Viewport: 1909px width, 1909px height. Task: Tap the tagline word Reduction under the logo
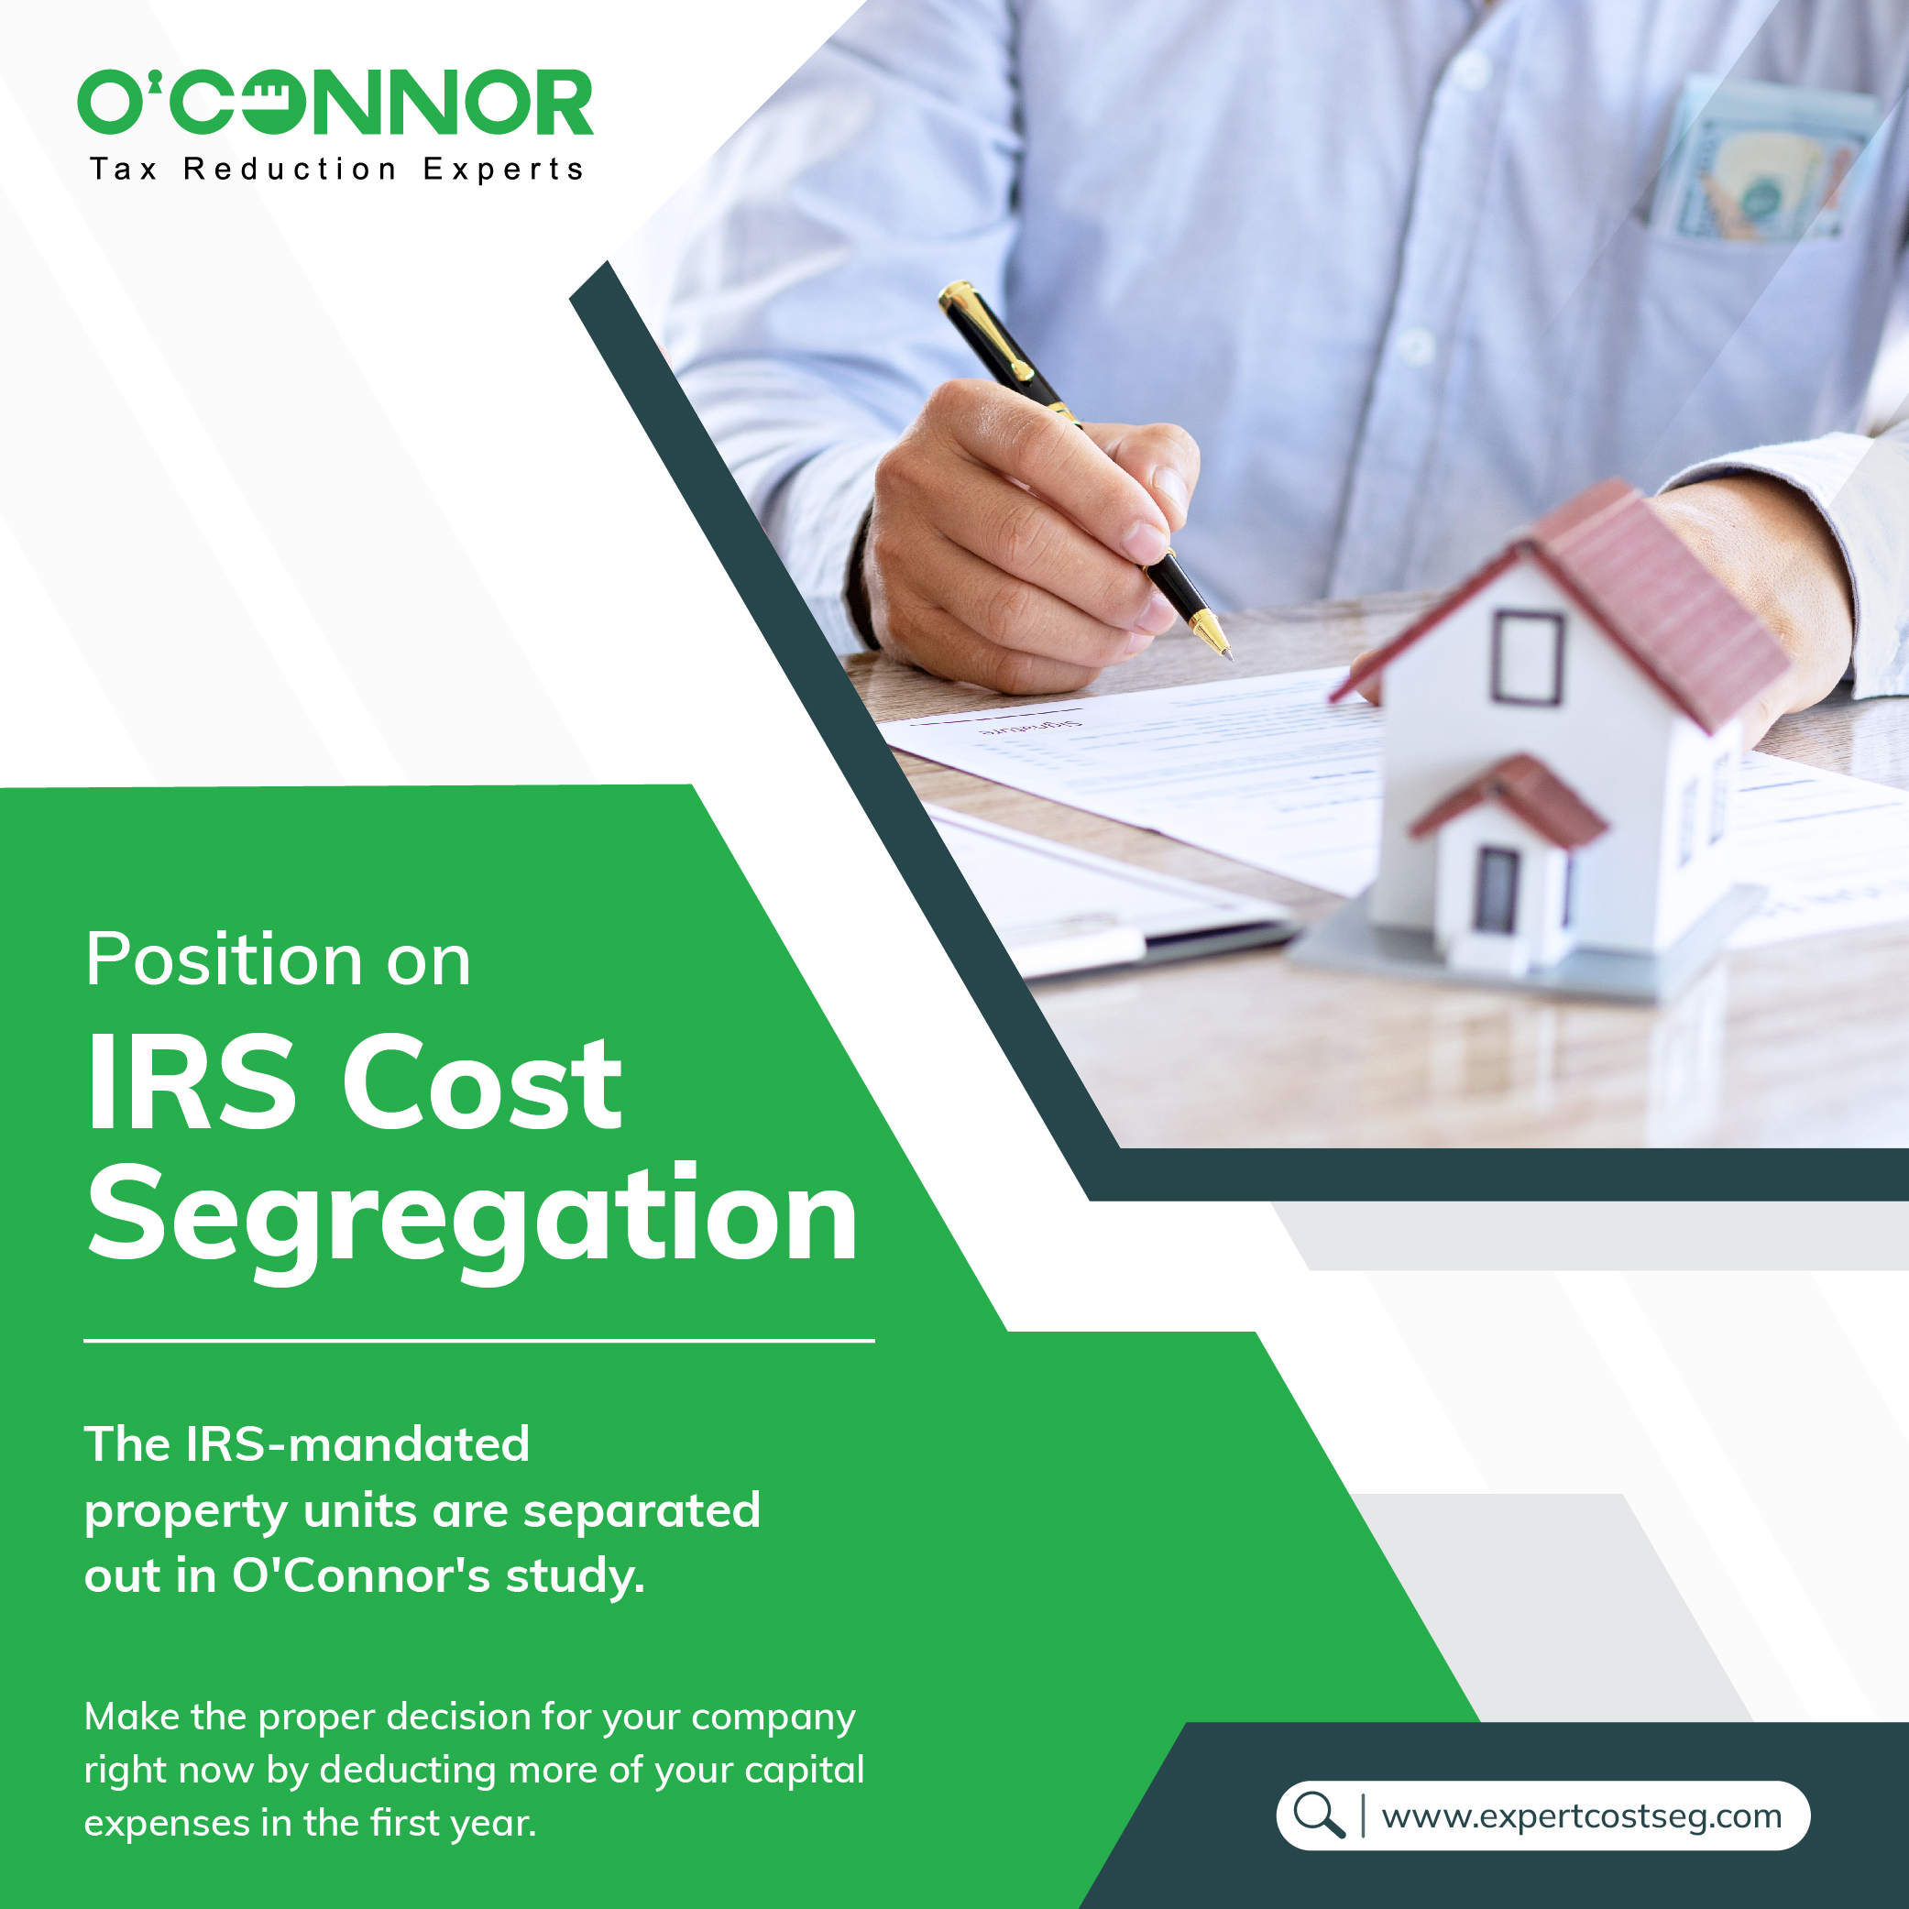pos(290,169)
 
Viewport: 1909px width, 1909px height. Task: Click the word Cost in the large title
pos(482,1082)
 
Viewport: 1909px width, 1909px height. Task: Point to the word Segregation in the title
pos(472,1221)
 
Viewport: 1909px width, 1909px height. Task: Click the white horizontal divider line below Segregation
pos(479,1341)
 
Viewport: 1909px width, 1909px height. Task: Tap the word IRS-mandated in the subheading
pos(357,1444)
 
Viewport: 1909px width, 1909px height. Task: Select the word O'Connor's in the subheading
pos(361,1575)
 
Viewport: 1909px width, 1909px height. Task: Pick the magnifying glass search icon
pos(1319,1816)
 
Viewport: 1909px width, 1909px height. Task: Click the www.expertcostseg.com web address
pos(1582,1816)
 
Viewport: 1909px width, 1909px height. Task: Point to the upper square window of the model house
pos(1528,657)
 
